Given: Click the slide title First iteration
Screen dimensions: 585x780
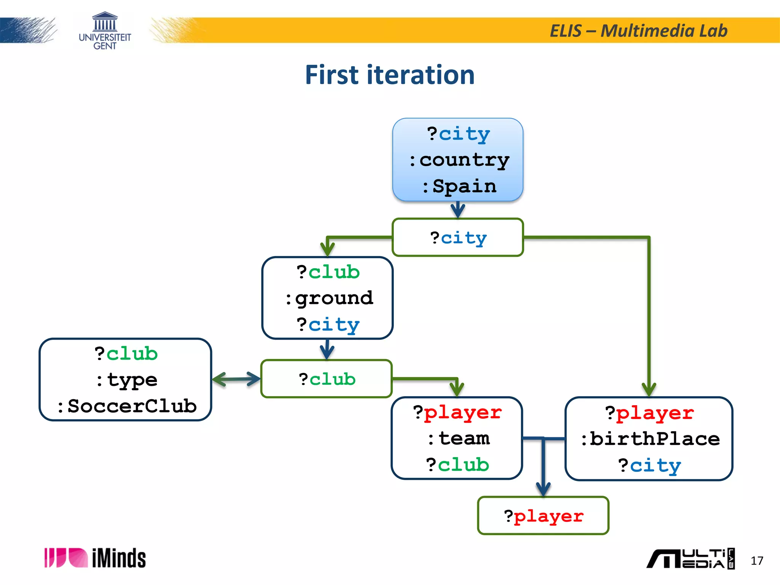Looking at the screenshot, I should [x=390, y=75].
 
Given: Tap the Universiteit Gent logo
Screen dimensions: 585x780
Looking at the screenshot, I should [x=105, y=31].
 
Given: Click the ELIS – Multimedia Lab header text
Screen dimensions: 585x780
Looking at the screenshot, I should [x=638, y=31].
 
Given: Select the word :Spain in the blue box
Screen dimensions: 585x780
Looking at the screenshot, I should [x=459, y=187].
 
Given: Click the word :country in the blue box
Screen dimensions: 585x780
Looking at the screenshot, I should [x=459, y=160].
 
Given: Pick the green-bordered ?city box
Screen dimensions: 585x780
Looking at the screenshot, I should [x=458, y=238].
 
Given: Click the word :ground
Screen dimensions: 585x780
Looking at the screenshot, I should [x=329, y=298].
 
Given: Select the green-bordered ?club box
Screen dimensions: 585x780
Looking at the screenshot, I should [x=327, y=379].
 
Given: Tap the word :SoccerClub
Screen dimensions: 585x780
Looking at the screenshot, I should [x=126, y=406].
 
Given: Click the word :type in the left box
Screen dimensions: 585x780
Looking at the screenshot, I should [x=126, y=380].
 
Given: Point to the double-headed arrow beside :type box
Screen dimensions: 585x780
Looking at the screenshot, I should [x=236, y=379].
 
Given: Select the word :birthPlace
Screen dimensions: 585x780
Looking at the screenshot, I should [x=650, y=439].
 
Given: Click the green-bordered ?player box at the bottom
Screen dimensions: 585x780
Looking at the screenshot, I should [x=543, y=516].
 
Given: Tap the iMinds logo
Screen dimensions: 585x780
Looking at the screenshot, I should [x=95, y=558].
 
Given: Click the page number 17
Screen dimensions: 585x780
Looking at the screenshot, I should [x=757, y=561].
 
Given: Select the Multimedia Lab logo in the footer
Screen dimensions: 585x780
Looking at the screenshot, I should [x=690, y=559].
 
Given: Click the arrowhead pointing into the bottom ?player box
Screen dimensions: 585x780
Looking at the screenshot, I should [x=543, y=489].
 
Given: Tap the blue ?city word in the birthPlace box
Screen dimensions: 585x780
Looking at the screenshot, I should [x=650, y=466].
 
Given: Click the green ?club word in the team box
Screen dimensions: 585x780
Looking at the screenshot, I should [x=458, y=465].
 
